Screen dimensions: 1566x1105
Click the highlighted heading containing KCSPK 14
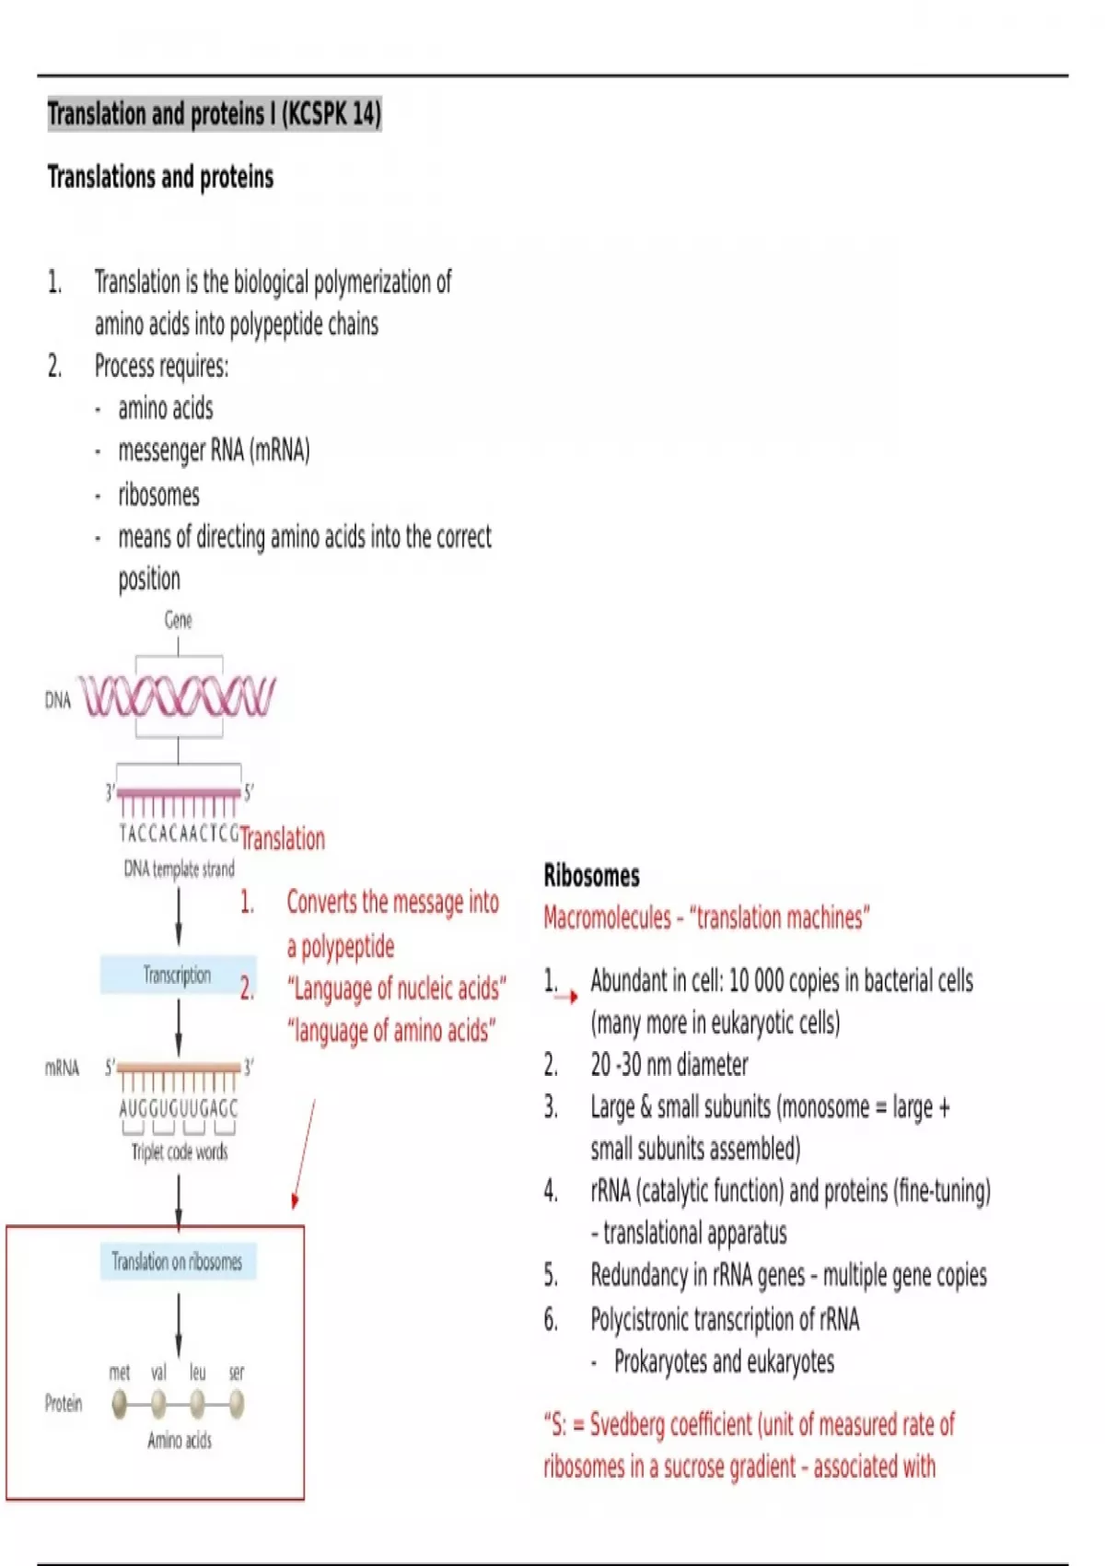(x=214, y=114)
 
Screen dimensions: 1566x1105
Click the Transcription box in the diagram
(x=177, y=975)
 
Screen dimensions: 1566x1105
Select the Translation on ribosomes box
(x=178, y=1261)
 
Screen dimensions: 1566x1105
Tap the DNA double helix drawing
(x=177, y=696)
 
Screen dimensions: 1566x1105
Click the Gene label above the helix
(x=178, y=620)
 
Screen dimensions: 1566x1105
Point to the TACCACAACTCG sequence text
(x=179, y=834)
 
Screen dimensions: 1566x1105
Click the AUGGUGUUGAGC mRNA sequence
(x=179, y=1108)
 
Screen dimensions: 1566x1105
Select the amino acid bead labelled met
(x=120, y=1404)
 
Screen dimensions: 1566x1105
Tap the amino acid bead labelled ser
(x=237, y=1404)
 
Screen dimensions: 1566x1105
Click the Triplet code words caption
(x=179, y=1151)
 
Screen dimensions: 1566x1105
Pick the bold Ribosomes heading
(x=591, y=875)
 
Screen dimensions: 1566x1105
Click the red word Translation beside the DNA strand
(x=284, y=838)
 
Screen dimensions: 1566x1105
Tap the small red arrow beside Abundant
(x=566, y=997)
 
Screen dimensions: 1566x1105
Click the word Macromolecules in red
(x=607, y=917)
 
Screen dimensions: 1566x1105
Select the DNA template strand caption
(x=179, y=869)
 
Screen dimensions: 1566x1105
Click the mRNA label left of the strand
(x=62, y=1068)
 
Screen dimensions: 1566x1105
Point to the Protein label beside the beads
(x=64, y=1403)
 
